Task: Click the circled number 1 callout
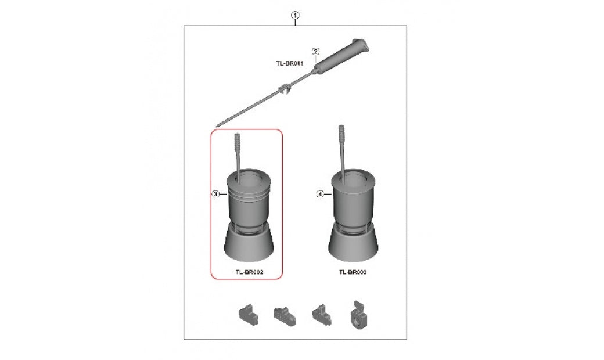(x=295, y=16)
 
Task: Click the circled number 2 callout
(x=315, y=52)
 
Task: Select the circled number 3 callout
(x=216, y=194)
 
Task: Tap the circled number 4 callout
(x=320, y=194)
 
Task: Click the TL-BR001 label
(x=290, y=63)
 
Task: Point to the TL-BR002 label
(x=249, y=272)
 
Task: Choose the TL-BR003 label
(x=353, y=272)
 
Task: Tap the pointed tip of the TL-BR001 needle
(x=217, y=125)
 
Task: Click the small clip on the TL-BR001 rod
(x=284, y=89)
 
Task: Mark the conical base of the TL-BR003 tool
(x=353, y=243)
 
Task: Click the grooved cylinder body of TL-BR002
(x=249, y=200)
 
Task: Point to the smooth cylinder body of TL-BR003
(x=353, y=200)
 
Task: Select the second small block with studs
(x=285, y=316)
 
